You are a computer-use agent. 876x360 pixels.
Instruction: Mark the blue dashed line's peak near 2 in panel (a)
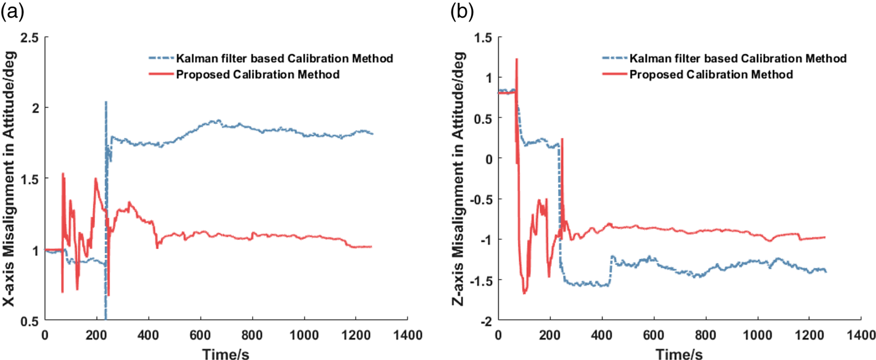coord(106,102)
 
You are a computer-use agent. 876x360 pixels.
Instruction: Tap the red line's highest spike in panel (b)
coord(517,59)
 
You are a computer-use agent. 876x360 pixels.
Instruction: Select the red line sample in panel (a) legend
coord(156,75)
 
